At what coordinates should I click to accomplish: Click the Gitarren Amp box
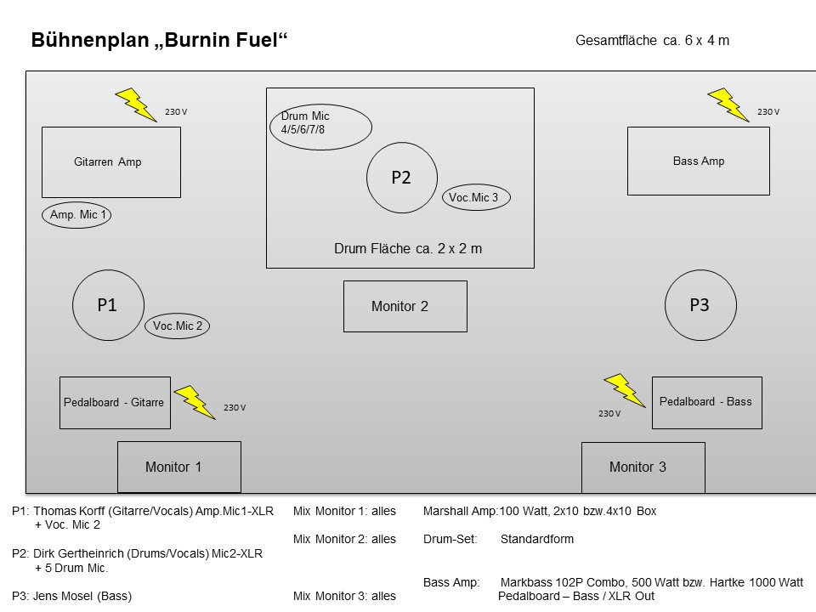[x=111, y=161]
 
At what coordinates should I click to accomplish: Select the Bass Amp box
[x=698, y=161]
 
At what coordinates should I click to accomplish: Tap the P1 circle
[x=107, y=306]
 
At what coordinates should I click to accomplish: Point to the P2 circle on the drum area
[x=401, y=178]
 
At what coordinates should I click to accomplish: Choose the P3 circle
[x=699, y=305]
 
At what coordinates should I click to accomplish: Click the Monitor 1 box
[x=178, y=467]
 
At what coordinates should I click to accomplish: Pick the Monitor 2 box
[x=405, y=306]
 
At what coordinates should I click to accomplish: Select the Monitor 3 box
[x=643, y=467]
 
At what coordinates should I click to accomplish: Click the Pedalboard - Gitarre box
[x=115, y=402]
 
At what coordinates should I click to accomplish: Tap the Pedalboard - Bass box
[x=706, y=402]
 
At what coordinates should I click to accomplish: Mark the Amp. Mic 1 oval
[x=76, y=215]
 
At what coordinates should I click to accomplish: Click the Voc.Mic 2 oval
[x=178, y=326]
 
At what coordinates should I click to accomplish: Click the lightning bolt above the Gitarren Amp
[x=135, y=105]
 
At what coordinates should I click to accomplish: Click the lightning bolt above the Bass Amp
[x=728, y=105]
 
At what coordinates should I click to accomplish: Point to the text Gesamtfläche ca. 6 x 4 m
[x=652, y=40]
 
